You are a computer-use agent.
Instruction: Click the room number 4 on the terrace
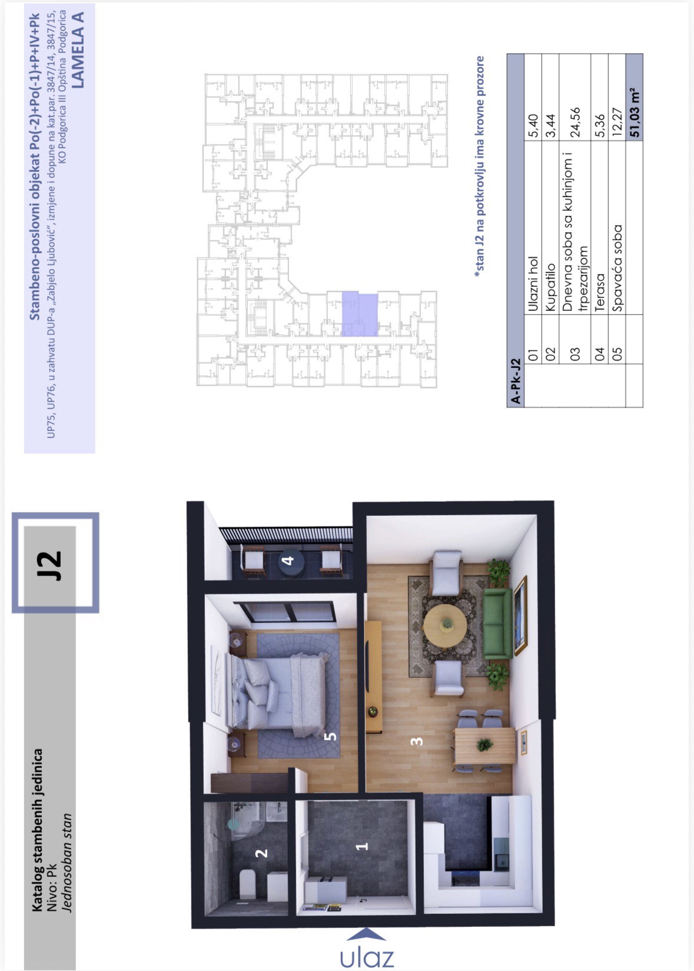pyautogui.click(x=288, y=560)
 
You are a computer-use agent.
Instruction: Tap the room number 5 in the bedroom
pyautogui.click(x=330, y=735)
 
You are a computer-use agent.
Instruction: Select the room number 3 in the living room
pyautogui.click(x=416, y=741)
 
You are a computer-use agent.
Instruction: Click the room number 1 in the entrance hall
pyautogui.click(x=362, y=846)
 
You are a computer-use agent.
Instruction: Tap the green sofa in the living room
pyautogui.click(x=497, y=624)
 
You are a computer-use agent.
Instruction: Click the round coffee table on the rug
pyautogui.click(x=446, y=625)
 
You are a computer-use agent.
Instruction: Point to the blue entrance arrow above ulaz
pyautogui.click(x=367, y=934)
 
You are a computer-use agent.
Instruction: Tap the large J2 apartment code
pyautogui.click(x=50, y=565)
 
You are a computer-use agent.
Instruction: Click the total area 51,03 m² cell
pyautogui.click(x=635, y=112)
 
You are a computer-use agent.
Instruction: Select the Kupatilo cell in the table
pyautogui.click(x=550, y=287)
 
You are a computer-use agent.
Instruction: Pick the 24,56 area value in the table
pyautogui.click(x=575, y=122)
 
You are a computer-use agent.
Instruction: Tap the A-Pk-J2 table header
pyautogui.click(x=516, y=381)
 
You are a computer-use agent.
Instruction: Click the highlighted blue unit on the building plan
pyautogui.click(x=360, y=314)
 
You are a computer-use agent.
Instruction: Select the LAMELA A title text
pyautogui.click(x=78, y=50)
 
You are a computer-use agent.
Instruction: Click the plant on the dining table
pyautogui.click(x=485, y=744)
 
